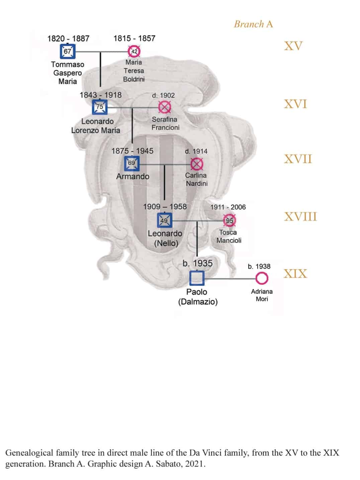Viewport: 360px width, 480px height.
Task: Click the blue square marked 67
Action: point(68,52)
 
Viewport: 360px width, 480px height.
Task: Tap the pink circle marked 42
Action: point(134,52)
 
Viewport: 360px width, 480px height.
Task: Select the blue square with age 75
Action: point(100,107)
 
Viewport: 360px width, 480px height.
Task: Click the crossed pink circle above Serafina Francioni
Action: point(165,107)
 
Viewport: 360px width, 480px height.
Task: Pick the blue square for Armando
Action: point(132,163)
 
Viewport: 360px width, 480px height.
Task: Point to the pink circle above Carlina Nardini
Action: point(197,164)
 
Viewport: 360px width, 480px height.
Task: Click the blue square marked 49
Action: point(165,220)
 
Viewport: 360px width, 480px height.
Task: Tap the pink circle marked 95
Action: point(230,220)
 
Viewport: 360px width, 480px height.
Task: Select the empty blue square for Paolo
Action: point(197,278)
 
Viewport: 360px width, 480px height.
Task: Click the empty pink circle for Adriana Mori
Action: point(262,278)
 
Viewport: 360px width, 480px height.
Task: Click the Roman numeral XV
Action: point(293,46)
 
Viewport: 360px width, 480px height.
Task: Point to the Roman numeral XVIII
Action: point(300,217)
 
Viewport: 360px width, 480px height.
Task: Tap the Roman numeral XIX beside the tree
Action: point(295,274)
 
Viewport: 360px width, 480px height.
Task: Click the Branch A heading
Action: point(254,24)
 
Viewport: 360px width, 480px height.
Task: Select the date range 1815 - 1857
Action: point(134,38)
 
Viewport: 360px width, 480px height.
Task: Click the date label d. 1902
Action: point(163,96)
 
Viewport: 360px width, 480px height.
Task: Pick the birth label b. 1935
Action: point(198,263)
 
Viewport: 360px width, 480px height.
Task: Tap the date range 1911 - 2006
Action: point(228,207)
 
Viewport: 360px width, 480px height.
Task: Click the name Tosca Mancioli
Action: point(229,236)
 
